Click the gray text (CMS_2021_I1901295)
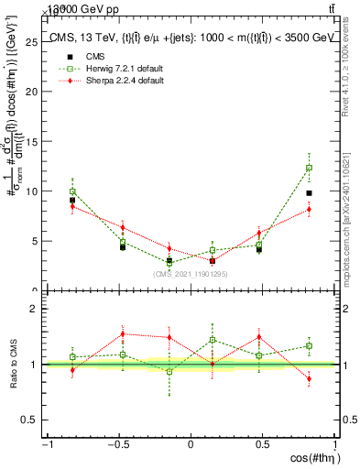[191, 273]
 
